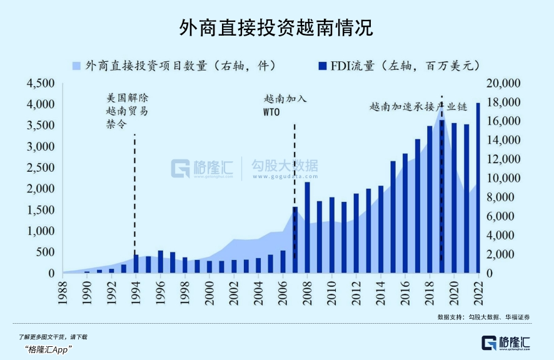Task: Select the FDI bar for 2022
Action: tap(478, 188)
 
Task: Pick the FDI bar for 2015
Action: tap(393, 217)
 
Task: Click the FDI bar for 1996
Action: tap(161, 262)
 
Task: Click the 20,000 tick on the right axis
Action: tap(503, 83)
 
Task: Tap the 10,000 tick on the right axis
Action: tap(503, 178)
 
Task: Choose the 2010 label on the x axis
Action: tap(332, 292)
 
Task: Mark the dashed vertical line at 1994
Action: tap(136, 187)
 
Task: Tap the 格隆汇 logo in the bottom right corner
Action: tap(506, 342)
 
